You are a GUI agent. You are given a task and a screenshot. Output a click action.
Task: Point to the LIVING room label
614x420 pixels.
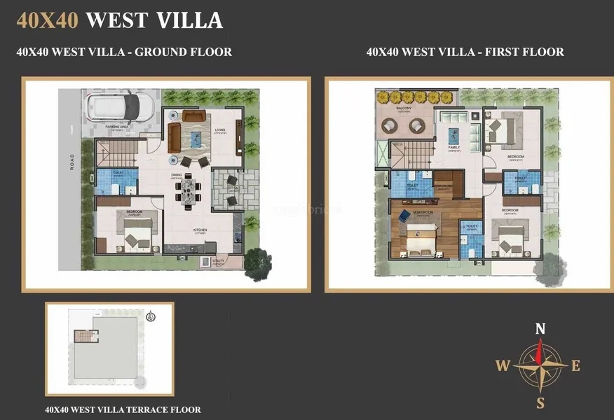point(220,130)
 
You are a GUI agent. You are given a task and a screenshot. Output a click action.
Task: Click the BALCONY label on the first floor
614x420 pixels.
point(404,108)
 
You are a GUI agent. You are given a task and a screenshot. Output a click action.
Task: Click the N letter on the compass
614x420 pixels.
point(540,328)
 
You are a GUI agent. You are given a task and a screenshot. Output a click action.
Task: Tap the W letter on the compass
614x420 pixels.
point(503,365)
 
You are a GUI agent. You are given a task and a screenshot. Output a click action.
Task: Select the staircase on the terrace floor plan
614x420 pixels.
point(83,337)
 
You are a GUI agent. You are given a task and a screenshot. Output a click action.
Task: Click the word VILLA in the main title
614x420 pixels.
point(189,20)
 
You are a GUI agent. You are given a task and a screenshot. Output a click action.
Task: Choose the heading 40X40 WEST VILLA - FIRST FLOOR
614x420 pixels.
point(465,52)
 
